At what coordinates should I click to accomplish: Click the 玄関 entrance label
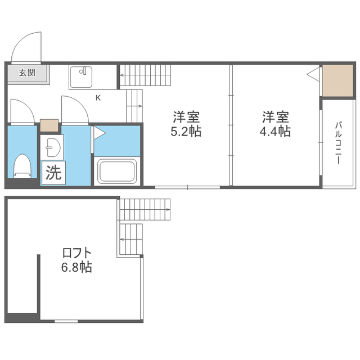[27, 73]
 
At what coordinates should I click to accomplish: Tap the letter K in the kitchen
[98, 98]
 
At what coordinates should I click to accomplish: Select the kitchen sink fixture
[81, 77]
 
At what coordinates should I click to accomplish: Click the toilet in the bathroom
[22, 166]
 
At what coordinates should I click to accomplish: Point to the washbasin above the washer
[52, 147]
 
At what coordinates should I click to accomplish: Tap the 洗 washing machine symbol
[53, 173]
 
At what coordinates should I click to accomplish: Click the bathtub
[117, 172]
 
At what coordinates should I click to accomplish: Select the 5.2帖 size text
[186, 132]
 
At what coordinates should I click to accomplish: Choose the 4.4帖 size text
[275, 132]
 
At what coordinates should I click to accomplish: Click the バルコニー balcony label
[338, 143]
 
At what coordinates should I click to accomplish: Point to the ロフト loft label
[76, 253]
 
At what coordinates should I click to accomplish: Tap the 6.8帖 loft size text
[76, 267]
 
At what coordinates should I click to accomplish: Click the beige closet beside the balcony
[337, 80]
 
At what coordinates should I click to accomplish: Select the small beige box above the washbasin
[49, 125]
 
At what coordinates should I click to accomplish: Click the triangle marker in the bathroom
[100, 133]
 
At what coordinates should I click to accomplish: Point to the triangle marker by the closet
[313, 74]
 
